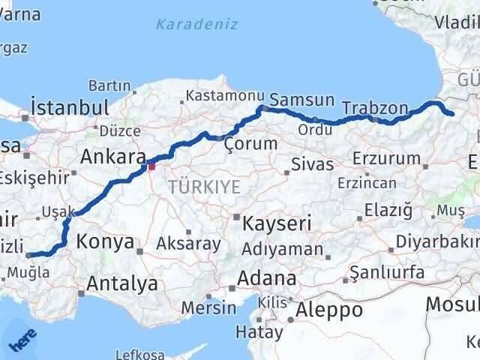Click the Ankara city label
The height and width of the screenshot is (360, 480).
112,157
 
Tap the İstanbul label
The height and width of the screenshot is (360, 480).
70,106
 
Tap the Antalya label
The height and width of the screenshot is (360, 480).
122,284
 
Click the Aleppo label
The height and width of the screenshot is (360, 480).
329,309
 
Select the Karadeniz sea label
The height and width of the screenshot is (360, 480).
197,24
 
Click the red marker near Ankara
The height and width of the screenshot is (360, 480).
151,166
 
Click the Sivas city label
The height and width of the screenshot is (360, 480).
312,163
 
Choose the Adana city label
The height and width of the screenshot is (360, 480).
266,278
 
